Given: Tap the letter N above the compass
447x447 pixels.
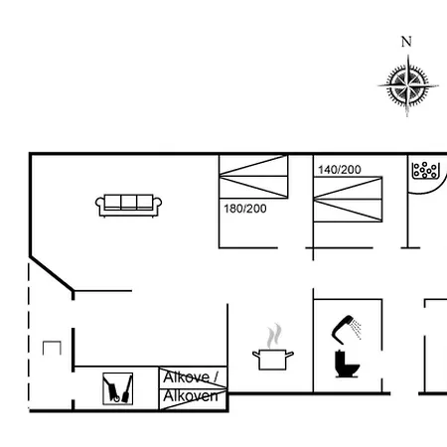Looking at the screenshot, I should click(405, 42).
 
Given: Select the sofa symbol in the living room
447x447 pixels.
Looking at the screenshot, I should click(129, 205).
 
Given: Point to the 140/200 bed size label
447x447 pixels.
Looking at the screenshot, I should click(339, 170).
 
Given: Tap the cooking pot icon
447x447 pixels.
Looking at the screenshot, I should click(271, 358).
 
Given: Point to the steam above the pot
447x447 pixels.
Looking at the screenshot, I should click(276, 333).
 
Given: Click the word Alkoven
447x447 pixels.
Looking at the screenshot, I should click(190, 396).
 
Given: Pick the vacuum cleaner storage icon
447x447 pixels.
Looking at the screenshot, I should click(118, 387).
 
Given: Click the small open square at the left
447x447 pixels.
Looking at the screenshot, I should click(52, 347).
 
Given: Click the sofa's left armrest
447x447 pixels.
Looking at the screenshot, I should click(99, 207).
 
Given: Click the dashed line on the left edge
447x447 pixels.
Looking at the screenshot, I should click(31, 338).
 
